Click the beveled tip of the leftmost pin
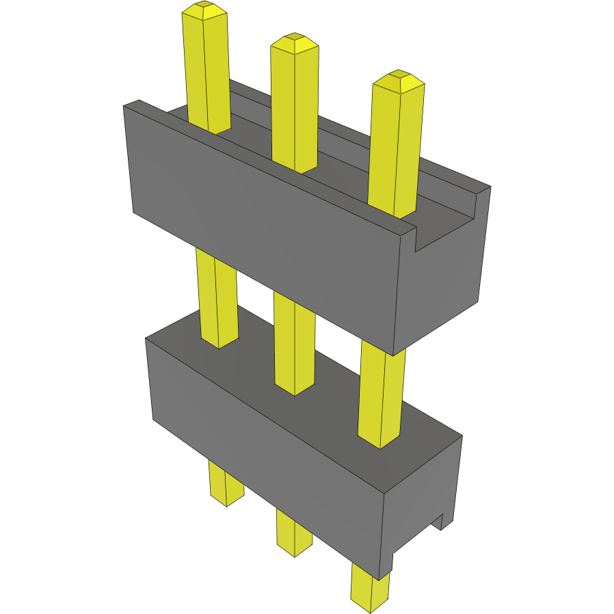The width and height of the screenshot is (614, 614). [x=204, y=10]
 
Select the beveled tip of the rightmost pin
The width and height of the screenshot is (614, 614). [x=399, y=80]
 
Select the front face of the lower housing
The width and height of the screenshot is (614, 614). [x=267, y=458]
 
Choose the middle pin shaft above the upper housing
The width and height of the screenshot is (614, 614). [x=295, y=109]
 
